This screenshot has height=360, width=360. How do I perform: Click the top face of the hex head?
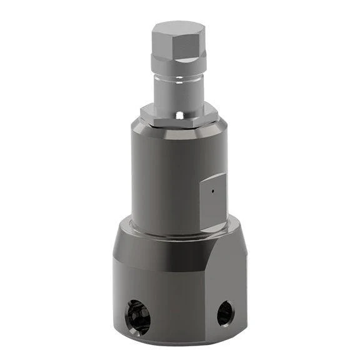point(179,27)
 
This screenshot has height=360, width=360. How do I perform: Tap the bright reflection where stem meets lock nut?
point(179,115)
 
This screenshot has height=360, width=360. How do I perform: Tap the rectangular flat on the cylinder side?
point(212,200)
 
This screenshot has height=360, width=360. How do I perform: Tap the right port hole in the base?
point(225,312)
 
